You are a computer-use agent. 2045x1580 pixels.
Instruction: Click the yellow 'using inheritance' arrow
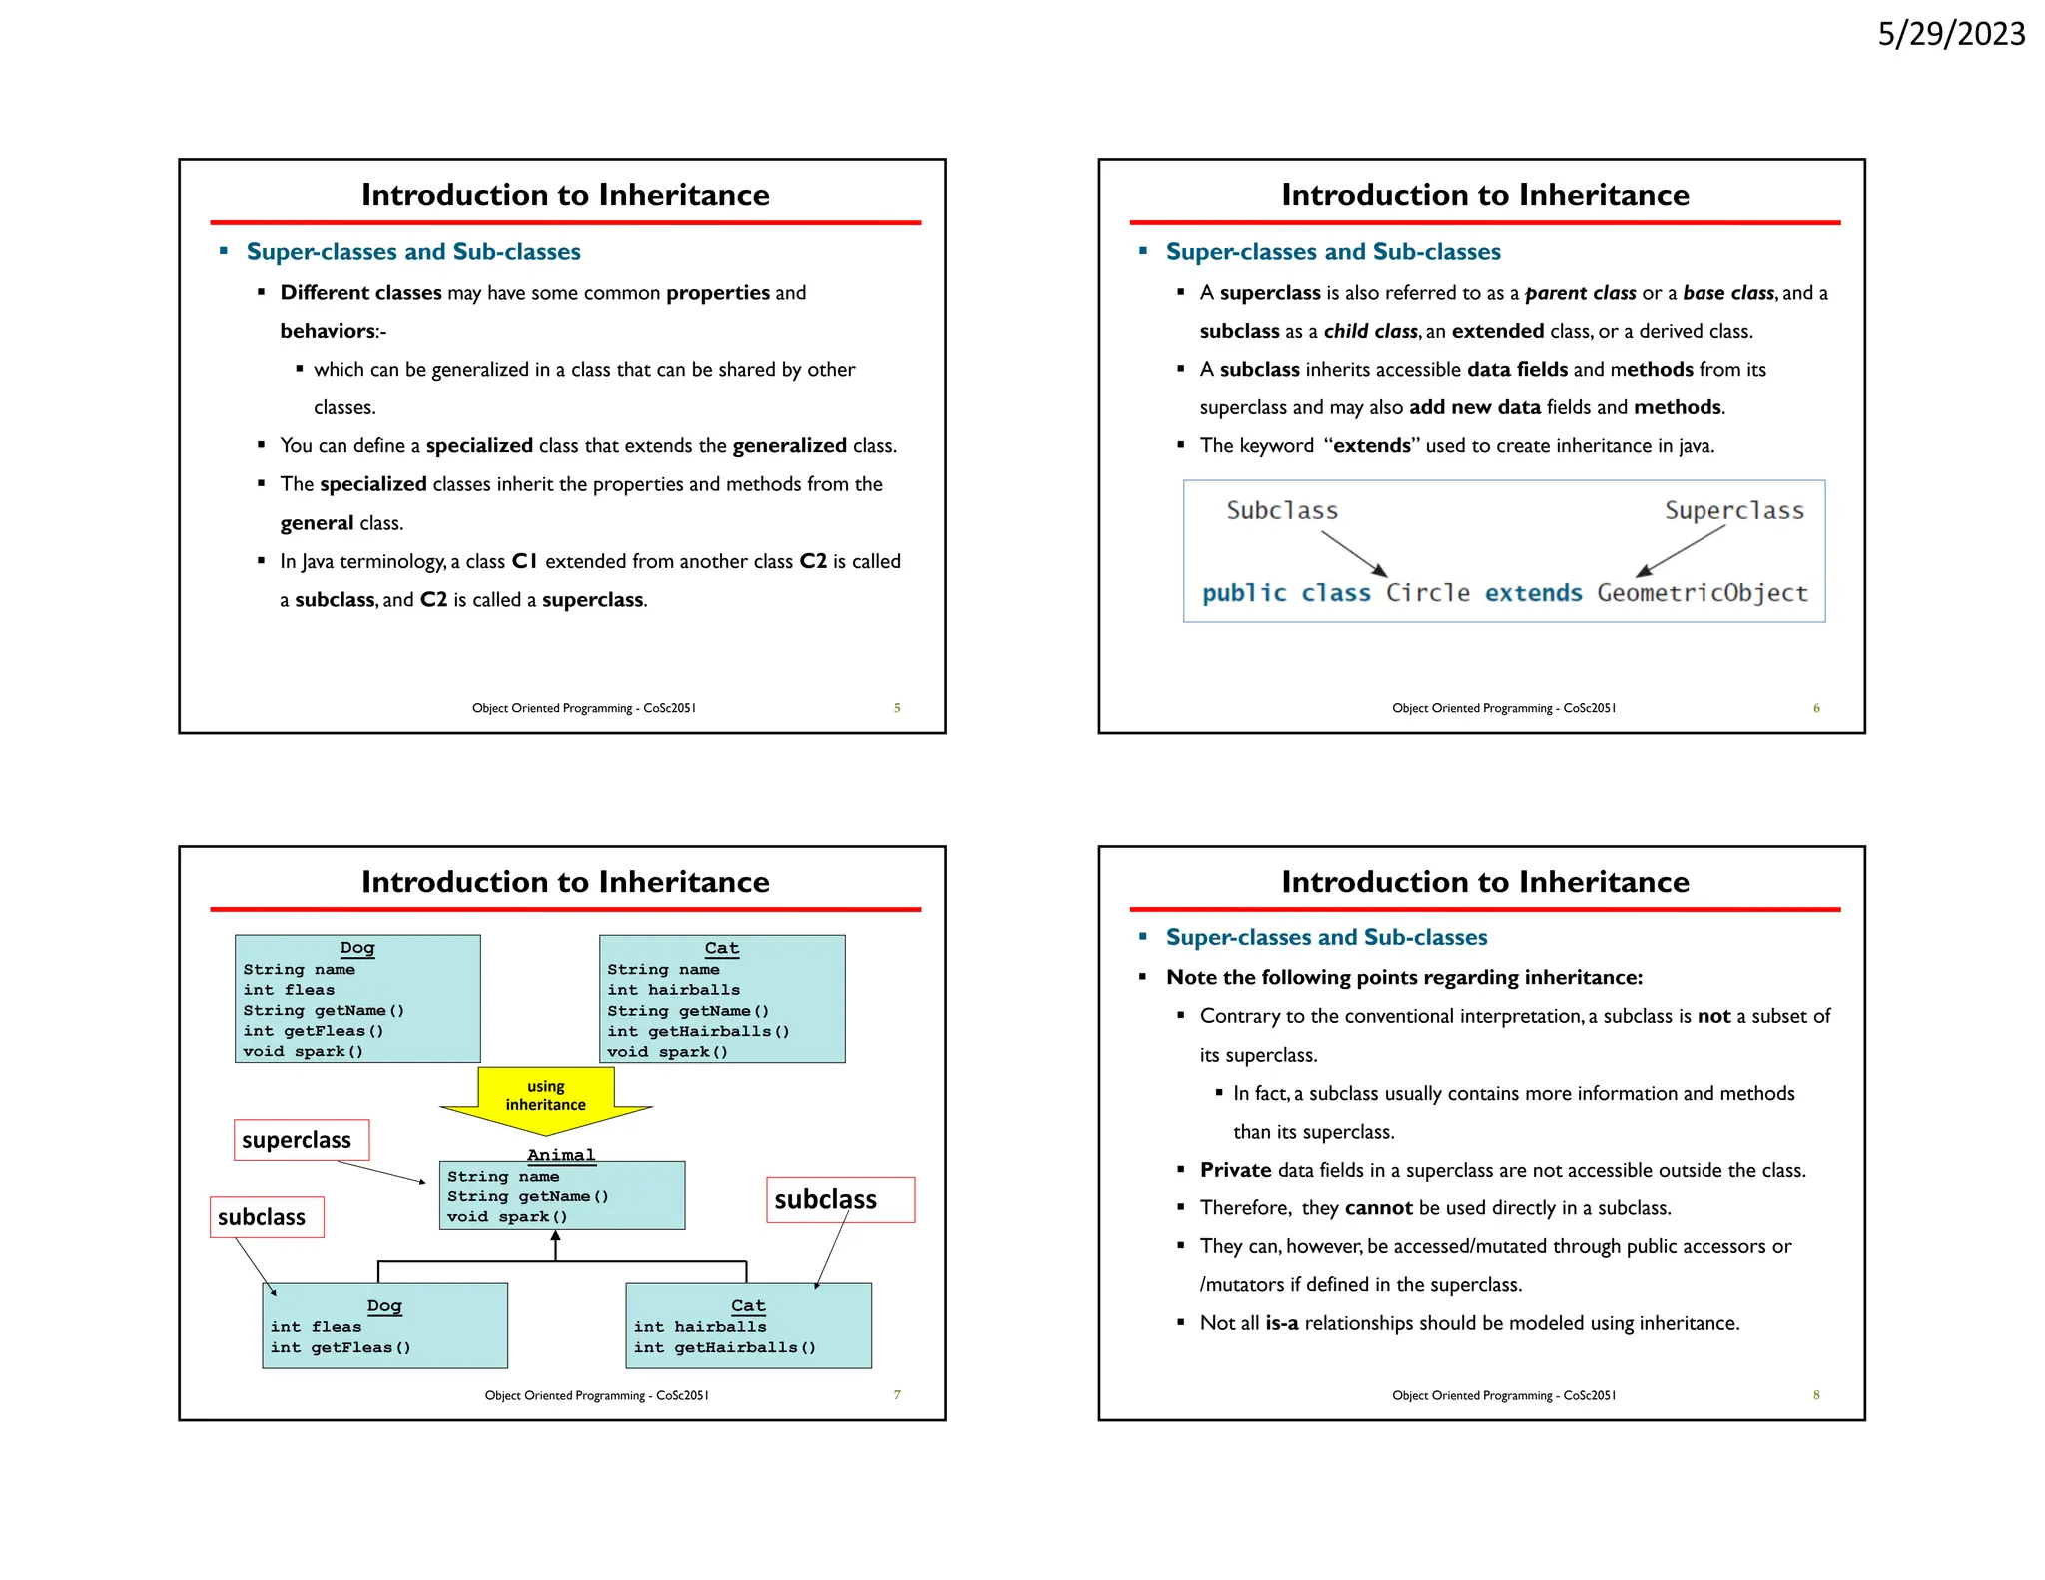(546, 1097)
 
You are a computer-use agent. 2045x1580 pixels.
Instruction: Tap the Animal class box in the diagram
(561, 1194)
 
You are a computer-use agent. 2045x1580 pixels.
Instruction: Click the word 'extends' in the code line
(1533, 593)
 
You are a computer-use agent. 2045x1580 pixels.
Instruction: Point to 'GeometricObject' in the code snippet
(1702, 593)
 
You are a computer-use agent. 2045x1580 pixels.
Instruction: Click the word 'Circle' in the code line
(1427, 593)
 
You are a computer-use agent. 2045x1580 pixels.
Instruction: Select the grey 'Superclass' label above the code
(1733, 511)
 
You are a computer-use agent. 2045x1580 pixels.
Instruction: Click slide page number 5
(897, 708)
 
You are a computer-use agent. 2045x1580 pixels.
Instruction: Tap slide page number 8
(1816, 1395)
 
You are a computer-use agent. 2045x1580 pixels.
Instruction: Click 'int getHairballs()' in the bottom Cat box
(724, 1347)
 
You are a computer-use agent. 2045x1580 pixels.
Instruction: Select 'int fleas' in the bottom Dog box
(316, 1327)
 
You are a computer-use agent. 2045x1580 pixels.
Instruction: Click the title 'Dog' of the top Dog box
(357, 948)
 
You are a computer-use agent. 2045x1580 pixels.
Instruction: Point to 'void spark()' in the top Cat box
(667, 1051)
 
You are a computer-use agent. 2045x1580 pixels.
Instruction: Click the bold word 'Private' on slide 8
(1235, 1170)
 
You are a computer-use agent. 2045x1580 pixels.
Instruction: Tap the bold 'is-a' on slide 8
(1281, 1323)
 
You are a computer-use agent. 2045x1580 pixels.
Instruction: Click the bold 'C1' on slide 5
(525, 561)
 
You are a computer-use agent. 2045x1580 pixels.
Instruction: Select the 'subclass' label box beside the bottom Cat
(840, 1199)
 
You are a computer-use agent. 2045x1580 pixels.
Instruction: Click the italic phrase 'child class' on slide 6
(1370, 331)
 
